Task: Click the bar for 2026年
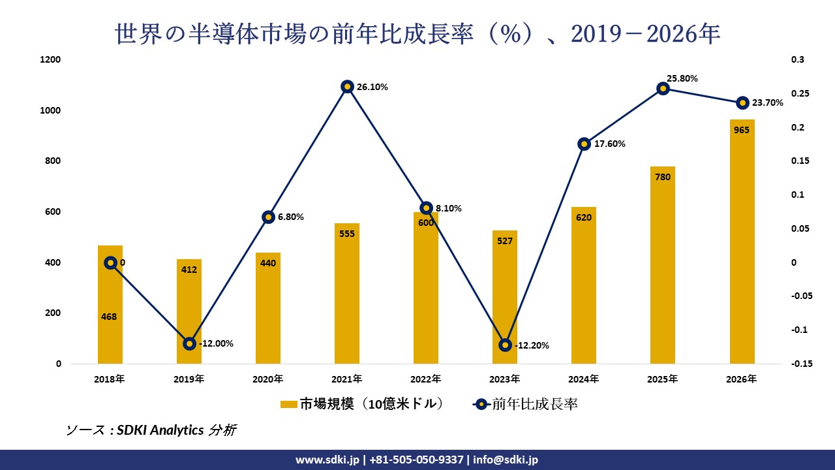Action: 742,242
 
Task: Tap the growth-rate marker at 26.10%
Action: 347,86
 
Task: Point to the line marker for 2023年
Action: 505,345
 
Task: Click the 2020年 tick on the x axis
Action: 268,379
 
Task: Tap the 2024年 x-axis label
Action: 584,379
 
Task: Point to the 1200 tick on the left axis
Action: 51,60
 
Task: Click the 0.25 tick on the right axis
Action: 798,94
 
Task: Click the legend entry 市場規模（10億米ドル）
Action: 363,405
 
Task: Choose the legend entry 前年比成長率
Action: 524,405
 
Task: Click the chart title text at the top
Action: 417,34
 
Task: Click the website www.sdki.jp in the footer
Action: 327,460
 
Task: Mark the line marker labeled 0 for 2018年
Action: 110,262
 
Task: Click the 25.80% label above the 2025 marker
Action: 682,78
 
